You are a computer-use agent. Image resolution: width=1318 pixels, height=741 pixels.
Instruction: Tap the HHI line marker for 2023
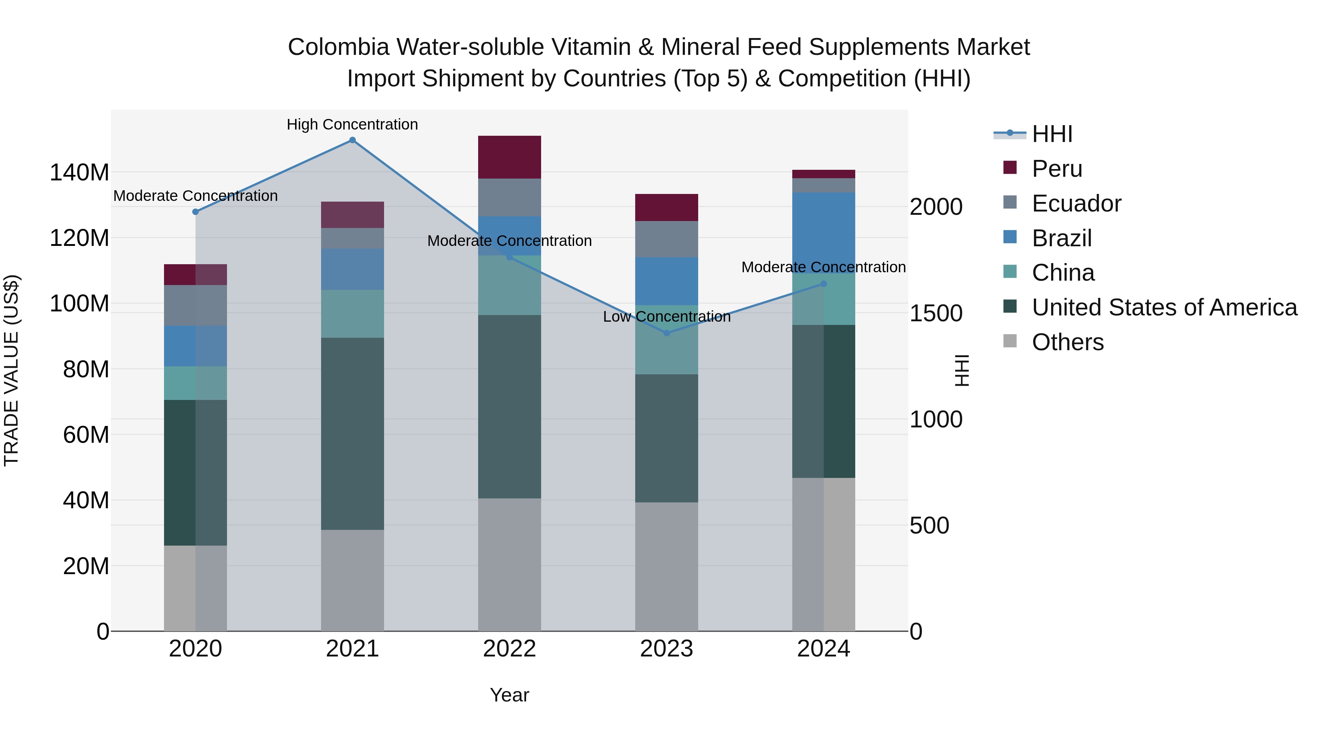click(x=666, y=333)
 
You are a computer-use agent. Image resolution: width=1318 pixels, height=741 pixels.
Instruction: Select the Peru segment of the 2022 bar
click(x=509, y=157)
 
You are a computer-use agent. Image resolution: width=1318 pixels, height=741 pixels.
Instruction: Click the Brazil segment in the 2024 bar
click(x=823, y=233)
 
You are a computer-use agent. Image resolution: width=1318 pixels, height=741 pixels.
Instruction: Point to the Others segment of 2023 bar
click(x=666, y=566)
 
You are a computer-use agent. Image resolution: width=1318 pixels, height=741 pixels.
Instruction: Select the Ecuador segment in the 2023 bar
click(x=666, y=239)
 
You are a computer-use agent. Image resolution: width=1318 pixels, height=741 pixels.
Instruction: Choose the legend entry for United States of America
click(x=1164, y=307)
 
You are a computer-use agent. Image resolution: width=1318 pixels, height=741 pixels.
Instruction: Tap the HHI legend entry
click(x=1051, y=134)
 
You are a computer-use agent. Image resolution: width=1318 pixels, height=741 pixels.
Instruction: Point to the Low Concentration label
click(x=666, y=317)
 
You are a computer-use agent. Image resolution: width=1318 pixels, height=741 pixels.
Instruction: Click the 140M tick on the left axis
click(x=79, y=172)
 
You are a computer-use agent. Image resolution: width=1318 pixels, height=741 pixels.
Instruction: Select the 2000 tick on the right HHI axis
click(x=936, y=207)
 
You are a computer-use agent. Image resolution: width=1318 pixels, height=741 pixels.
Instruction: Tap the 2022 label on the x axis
click(x=509, y=649)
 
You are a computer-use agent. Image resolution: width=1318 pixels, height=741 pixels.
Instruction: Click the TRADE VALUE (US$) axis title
click(x=11, y=370)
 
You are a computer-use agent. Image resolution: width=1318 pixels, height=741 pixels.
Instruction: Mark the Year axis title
click(x=509, y=695)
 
